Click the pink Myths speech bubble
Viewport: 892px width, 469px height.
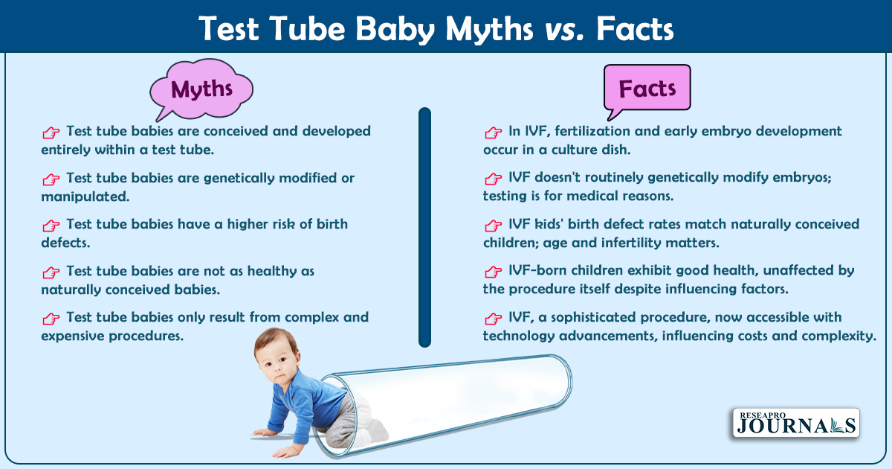tap(201, 89)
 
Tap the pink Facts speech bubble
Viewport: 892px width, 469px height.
tap(647, 88)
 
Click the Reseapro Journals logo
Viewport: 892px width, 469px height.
tap(796, 423)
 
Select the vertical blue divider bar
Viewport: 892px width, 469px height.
tap(425, 227)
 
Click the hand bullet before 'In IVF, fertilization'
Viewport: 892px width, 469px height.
tap(493, 133)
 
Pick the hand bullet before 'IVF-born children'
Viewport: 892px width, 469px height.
tap(493, 272)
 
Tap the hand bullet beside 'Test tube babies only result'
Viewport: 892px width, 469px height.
tap(51, 319)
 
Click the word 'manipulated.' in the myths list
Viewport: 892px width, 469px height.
tap(85, 197)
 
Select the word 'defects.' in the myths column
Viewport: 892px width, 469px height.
tap(65, 243)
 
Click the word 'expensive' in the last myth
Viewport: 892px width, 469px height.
tap(73, 336)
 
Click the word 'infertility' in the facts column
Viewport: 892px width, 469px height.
tap(631, 243)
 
